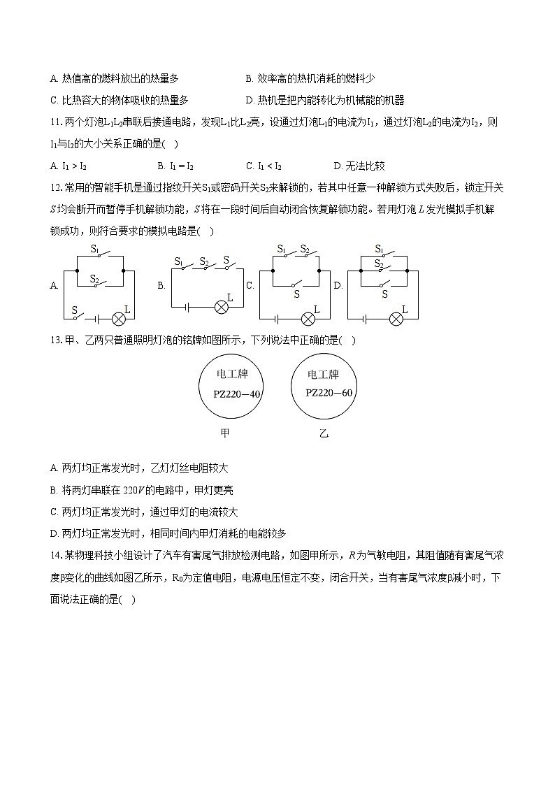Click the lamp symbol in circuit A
119,319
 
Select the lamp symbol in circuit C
308,319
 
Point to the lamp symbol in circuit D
396,319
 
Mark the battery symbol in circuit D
365,319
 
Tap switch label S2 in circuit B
204,262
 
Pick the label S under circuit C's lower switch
296,294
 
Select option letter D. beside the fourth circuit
338,285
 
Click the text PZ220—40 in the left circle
237,394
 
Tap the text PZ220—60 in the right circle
329,392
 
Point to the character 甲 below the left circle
224,433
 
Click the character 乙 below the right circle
324,433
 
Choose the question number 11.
57,122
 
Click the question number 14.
57,556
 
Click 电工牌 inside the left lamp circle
233,374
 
